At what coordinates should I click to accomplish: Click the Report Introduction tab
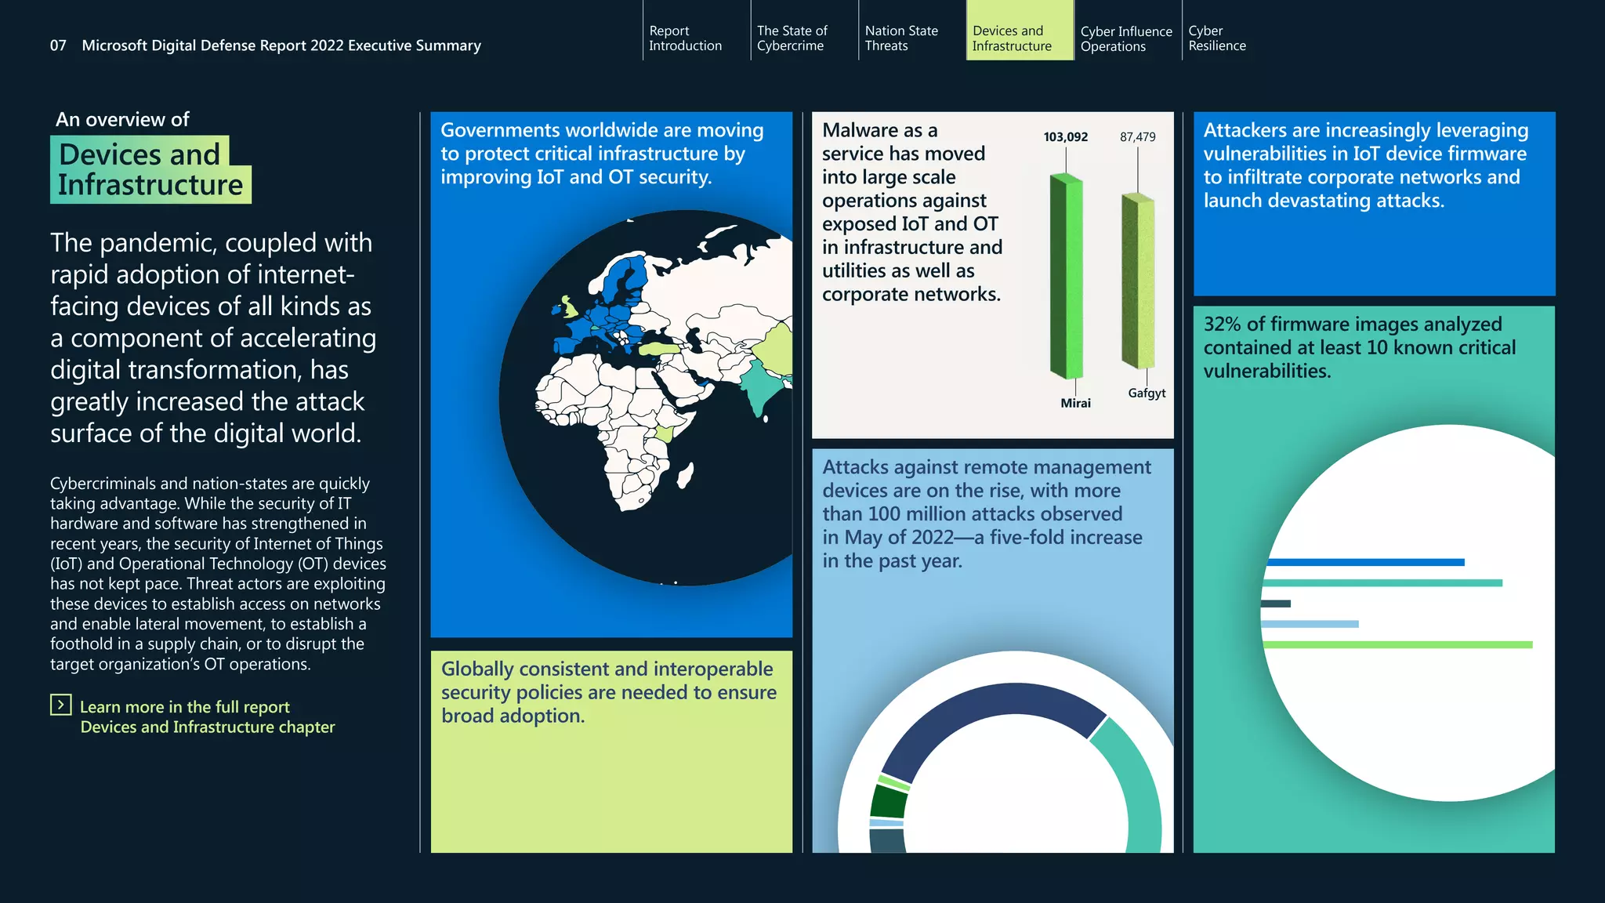tap(685, 38)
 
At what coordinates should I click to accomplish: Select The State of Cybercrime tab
tap(792, 38)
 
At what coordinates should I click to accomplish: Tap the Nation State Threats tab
tap(900, 38)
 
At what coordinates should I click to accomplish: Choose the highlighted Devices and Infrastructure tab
tap(1012, 38)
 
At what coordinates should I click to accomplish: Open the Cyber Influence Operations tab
tap(1125, 38)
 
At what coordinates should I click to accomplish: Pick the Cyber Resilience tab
tap(1216, 38)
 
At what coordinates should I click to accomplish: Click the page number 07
tap(58, 45)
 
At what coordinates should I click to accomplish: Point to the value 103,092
tap(1065, 137)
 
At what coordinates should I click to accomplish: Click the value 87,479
tap(1137, 137)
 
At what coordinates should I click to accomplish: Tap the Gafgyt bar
tap(1139, 282)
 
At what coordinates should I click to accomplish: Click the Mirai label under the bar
tap(1075, 403)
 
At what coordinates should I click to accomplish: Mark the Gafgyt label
tap(1147, 393)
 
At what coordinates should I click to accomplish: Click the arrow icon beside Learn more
tap(61, 705)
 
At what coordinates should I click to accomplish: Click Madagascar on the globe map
tap(685, 475)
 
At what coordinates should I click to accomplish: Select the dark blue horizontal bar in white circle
tap(1364, 562)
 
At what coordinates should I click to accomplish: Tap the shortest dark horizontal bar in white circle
tap(1276, 604)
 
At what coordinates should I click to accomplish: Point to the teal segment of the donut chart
tap(1132, 784)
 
